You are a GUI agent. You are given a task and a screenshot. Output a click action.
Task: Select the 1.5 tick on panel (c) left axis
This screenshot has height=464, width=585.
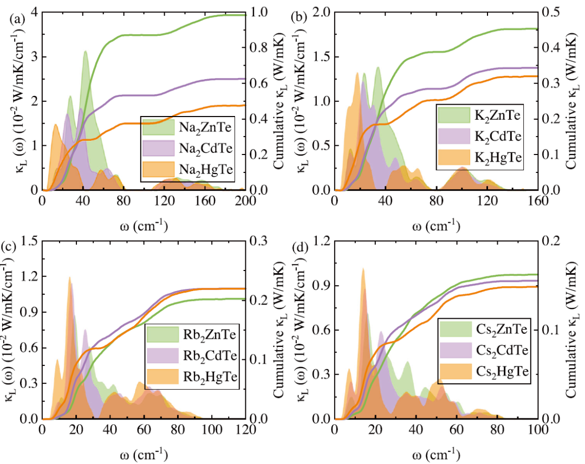pyautogui.click(x=30, y=240)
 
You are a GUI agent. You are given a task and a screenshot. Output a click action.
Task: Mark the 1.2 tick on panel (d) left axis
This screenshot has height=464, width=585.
pyautogui.click(x=322, y=240)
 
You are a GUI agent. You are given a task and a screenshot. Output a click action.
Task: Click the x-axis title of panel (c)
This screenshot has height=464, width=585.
pyautogui.click(x=144, y=453)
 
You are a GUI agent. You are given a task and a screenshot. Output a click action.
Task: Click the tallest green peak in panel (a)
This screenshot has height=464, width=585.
pyautogui.click(x=85, y=52)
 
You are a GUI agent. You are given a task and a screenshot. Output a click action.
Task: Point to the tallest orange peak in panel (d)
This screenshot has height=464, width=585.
pyautogui.click(x=363, y=269)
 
